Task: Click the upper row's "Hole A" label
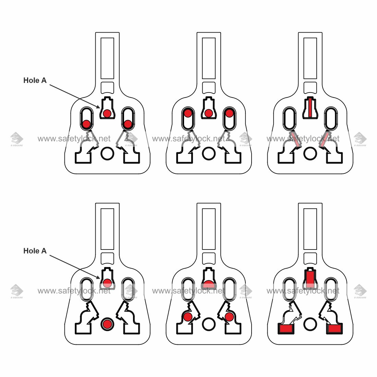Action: click(35, 81)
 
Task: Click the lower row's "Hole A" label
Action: click(35, 251)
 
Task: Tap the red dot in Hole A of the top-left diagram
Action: click(107, 113)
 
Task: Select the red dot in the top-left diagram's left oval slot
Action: click(86, 124)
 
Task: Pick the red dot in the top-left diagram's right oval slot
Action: click(128, 124)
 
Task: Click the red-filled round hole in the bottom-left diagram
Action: click(107, 324)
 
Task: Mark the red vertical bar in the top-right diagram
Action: click(310, 108)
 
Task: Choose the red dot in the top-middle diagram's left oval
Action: click(188, 113)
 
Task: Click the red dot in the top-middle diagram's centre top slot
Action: click(209, 113)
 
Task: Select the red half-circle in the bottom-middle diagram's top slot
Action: click(209, 284)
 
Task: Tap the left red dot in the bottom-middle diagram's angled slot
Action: click(187, 317)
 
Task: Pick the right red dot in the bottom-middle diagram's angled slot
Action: click(229, 317)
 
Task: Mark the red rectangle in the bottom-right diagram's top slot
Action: click(310, 279)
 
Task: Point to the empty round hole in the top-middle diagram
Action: click(209, 153)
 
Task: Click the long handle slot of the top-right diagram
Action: click(310, 58)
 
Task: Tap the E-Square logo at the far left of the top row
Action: click(16, 139)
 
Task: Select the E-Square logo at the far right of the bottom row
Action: click(360, 291)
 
